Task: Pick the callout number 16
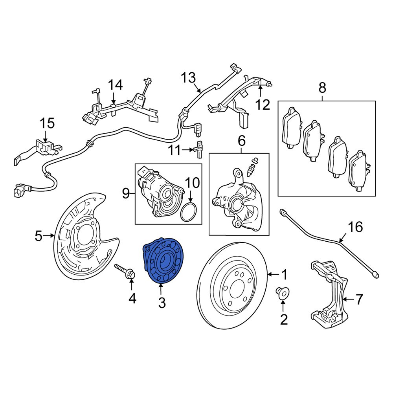pos(355,228)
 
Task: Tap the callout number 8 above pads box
pos(322,88)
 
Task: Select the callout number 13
pos(188,77)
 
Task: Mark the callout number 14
pos(116,85)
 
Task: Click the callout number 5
pos(38,236)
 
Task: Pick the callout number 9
pos(126,193)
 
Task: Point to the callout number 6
pos(241,140)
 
